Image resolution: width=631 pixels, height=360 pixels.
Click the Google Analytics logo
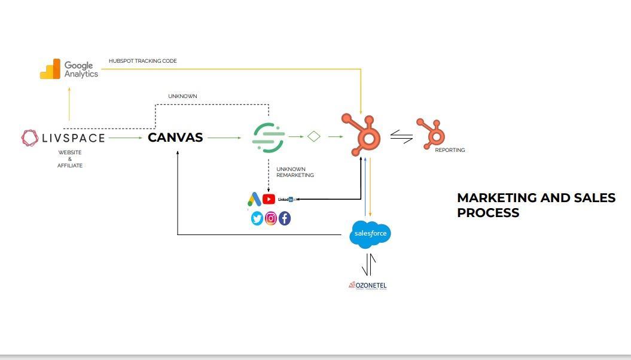coord(69,69)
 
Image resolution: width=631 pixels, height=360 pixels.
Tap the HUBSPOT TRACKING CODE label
coord(142,61)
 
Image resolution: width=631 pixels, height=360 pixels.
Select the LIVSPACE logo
coord(63,138)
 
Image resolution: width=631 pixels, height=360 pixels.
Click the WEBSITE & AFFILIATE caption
coord(70,159)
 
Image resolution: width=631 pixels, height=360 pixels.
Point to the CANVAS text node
coord(175,138)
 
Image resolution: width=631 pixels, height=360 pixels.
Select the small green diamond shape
coord(314,137)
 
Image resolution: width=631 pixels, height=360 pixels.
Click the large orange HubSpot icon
coord(362,135)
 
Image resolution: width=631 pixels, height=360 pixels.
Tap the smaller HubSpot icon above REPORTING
coord(431,133)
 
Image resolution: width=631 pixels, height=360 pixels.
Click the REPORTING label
coord(450,150)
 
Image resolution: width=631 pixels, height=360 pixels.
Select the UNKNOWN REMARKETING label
coord(295,172)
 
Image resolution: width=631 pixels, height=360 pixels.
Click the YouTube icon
coord(269,199)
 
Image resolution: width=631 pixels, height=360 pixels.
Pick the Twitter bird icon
coord(257,218)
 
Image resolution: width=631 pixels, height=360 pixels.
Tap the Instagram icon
coord(271,218)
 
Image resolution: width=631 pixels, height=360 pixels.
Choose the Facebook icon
coord(285,218)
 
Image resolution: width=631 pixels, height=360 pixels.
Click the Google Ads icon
coord(254,200)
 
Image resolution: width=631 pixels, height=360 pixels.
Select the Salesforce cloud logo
coord(370,233)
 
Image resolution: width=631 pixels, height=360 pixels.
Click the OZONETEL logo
coord(368,285)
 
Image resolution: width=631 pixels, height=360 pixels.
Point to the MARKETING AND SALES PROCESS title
coord(536,205)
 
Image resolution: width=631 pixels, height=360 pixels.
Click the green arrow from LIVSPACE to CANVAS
coord(126,138)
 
